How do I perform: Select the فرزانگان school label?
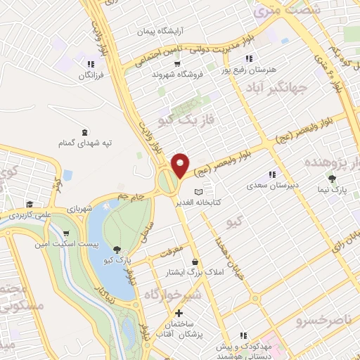pos(91,74)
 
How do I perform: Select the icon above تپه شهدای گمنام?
pos(85,131)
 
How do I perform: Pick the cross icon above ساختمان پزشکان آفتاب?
pos(179,312)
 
